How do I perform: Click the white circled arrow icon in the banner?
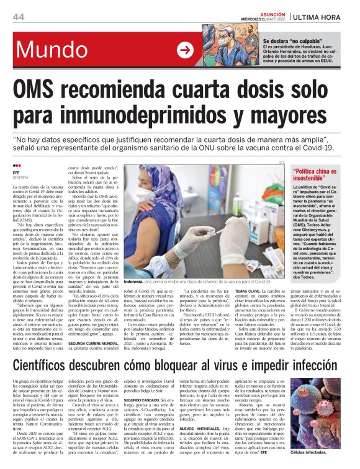[185, 50]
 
